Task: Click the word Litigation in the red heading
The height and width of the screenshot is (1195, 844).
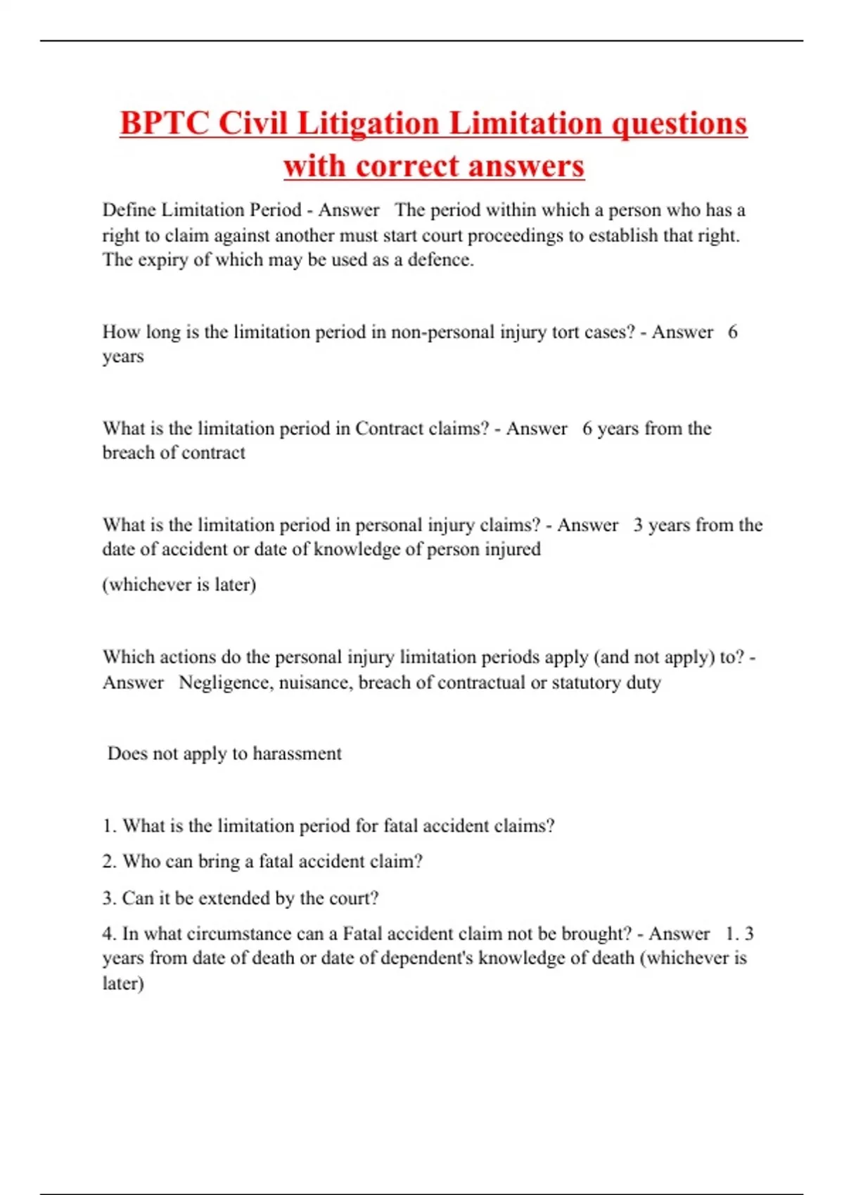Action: (369, 124)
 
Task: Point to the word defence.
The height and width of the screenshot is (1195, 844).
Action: (440, 259)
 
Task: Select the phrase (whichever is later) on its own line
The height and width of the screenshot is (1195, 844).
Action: (179, 584)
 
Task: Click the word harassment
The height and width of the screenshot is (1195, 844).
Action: (297, 754)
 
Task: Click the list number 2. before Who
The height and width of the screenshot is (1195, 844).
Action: (109, 862)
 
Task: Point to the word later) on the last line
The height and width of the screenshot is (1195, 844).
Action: (123, 983)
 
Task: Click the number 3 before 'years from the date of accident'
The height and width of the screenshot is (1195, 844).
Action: (637, 525)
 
